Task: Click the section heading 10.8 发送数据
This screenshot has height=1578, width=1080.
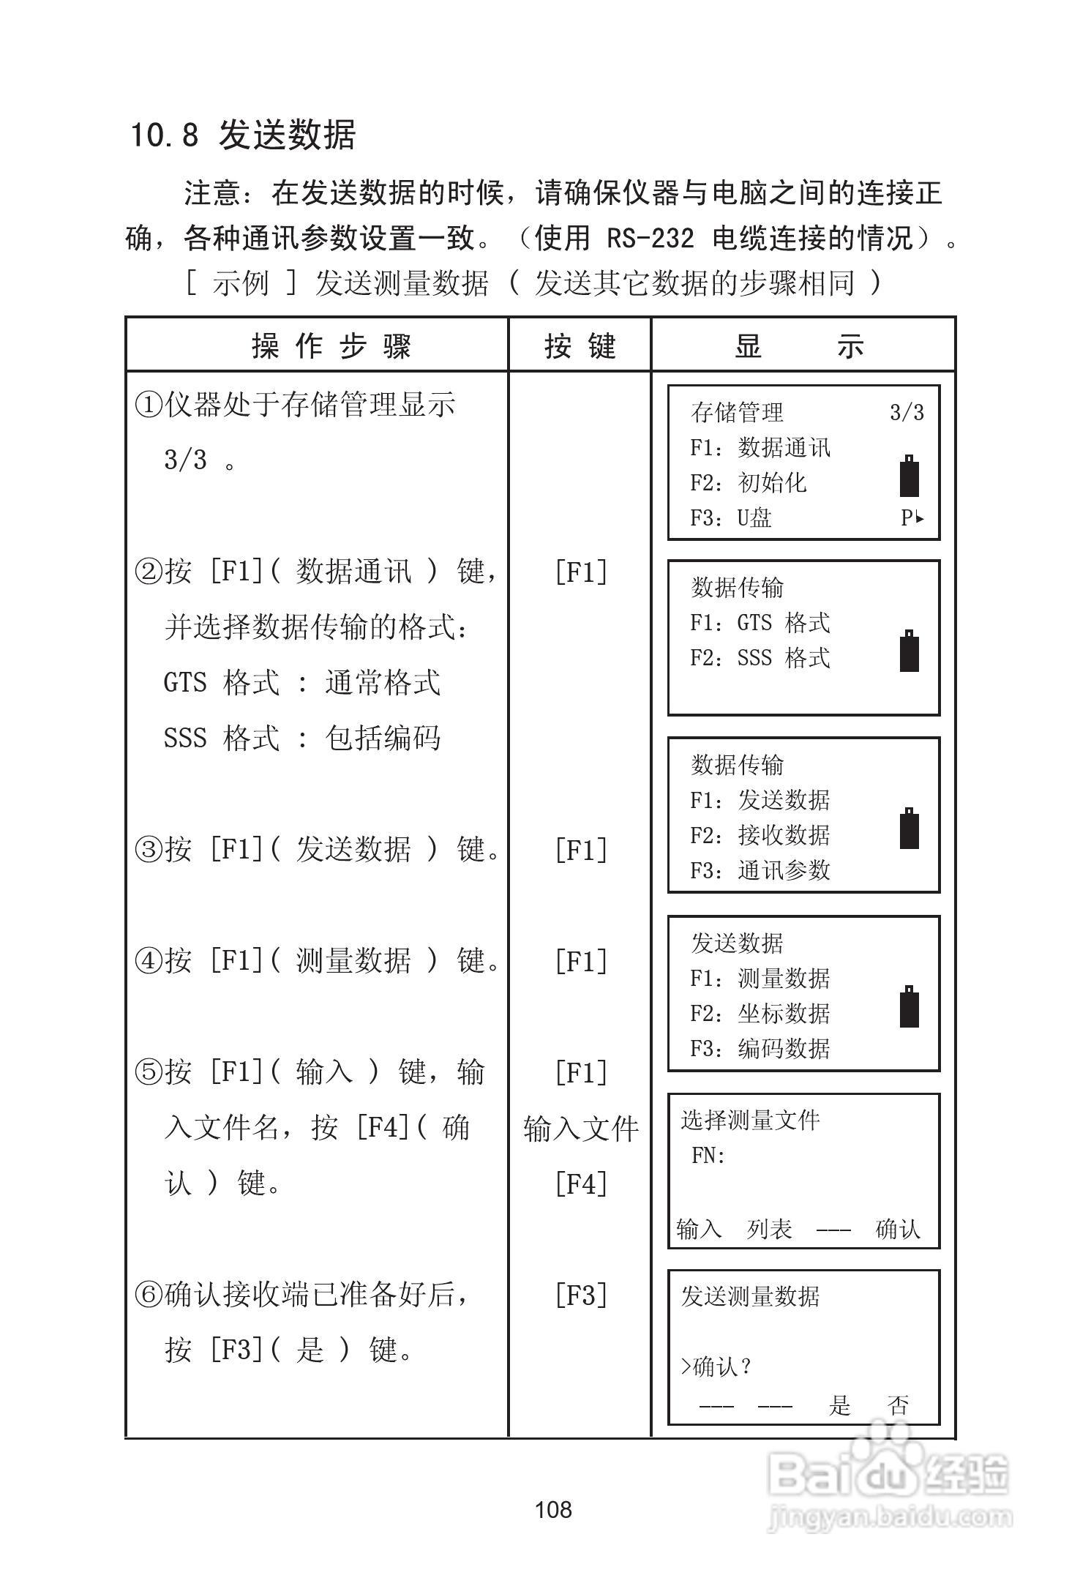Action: (242, 135)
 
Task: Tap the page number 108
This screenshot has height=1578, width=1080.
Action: (553, 1509)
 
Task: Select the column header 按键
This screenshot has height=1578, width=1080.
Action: (580, 345)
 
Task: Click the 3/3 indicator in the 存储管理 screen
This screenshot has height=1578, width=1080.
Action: (907, 412)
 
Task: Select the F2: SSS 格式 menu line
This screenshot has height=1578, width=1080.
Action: (760, 658)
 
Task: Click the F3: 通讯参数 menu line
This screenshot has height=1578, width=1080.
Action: (760, 870)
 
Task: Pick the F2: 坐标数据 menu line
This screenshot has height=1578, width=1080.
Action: (760, 1014)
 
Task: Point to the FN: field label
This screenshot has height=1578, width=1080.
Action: (708, 1156)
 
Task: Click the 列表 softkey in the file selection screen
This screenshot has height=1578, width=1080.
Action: (769, 1229)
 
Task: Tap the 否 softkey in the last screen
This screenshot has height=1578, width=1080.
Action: (899, 1405)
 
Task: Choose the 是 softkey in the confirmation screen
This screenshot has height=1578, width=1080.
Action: (840, 1405)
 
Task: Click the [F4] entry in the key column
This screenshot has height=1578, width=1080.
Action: (581, 1183)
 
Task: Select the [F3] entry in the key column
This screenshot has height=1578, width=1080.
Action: (581, 1295)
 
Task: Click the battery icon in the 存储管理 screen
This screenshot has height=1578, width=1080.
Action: (910, 476)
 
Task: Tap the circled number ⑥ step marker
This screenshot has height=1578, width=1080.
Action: (149, 1295)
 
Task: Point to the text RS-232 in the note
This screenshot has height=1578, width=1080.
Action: (650, 238)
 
